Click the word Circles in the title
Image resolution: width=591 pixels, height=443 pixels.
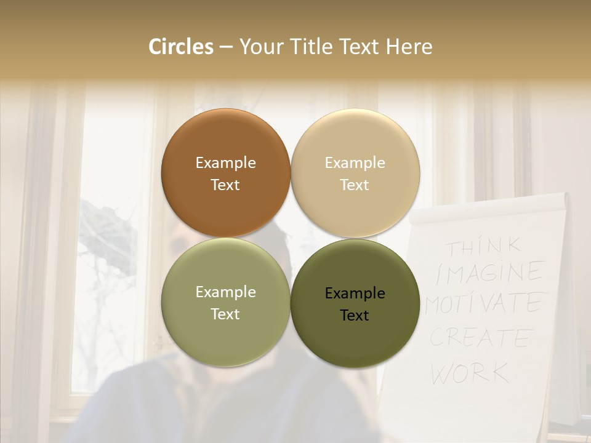181,47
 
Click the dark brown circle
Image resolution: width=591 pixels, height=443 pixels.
225,173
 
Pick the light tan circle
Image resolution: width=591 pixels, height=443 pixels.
355,173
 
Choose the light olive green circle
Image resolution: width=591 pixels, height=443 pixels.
225,302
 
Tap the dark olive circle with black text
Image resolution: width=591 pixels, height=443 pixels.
355,302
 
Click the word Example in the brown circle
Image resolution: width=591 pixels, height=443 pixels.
225,162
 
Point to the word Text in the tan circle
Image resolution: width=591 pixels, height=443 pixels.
355,185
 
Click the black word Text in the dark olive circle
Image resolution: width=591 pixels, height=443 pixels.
355,315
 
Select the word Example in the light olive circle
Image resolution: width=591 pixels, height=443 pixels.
225,292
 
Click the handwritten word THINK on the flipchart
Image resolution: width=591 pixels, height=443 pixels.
483,247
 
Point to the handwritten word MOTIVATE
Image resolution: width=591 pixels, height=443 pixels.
483,303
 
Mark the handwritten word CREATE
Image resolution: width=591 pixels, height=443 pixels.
480,338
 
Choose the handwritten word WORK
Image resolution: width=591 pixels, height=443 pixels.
470,372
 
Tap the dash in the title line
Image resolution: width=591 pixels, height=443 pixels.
226,47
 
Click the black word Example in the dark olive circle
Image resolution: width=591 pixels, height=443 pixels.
355,293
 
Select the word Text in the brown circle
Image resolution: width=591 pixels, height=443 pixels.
225,185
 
